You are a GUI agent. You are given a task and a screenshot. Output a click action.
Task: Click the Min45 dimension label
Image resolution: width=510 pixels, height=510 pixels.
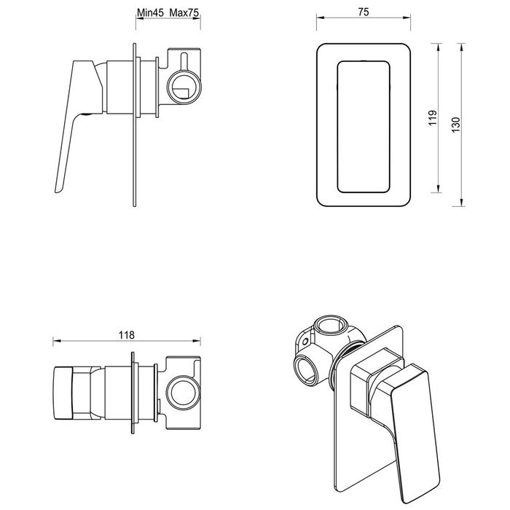[151, 13]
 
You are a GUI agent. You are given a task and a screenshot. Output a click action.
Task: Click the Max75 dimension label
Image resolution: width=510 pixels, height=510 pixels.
[184, 13]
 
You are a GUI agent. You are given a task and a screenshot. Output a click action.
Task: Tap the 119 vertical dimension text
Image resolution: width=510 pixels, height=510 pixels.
[432, 118]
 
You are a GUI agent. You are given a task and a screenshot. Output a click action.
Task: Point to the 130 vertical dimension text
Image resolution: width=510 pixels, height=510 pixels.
[455, 124]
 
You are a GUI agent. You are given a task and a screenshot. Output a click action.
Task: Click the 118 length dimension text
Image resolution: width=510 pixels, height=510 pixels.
[126, 335]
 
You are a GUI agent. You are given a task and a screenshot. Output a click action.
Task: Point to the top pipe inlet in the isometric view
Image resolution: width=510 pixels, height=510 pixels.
[333, 325]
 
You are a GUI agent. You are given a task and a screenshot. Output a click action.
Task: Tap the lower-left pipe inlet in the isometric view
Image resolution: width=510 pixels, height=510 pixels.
[304, 369]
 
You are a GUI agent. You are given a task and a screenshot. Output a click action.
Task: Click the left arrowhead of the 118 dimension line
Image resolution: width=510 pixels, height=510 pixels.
[56, 342]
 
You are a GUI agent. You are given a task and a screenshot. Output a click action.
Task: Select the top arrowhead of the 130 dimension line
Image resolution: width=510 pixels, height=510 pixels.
[461, 45]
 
